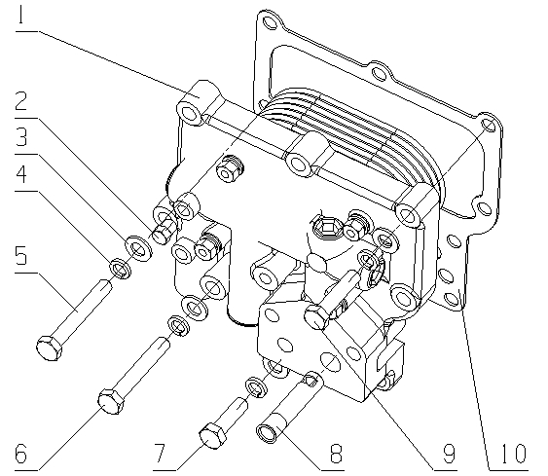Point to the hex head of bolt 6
point(108,399)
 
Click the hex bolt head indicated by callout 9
point(315,316)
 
